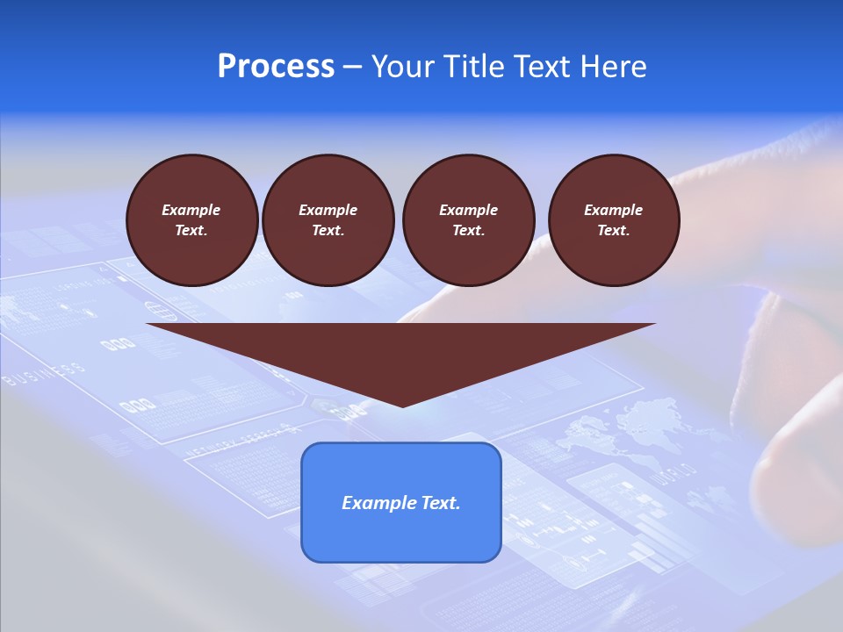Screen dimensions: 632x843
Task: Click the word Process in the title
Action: tap(276, 67)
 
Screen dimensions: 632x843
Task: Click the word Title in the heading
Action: tap(472, 67)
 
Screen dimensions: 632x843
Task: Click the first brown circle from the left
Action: tap(191, 220)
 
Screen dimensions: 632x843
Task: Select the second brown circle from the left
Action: tap(328, 220)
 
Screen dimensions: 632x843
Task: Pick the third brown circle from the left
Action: tap(468, 220)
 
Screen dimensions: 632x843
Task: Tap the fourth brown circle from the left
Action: tap(613, 220)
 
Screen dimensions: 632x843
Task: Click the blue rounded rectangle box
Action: tap(400, 502)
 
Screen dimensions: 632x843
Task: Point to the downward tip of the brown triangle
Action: tap(401, 404)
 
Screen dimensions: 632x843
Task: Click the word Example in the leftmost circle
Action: tap(191, 210)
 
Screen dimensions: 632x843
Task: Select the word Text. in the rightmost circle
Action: tap(613, 231)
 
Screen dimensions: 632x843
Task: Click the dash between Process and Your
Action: tap(352, 67)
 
